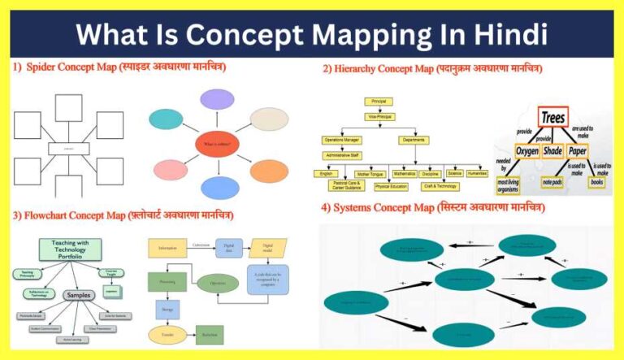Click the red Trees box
coord(552,116)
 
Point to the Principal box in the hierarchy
coord(379,102)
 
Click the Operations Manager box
coord(342,140)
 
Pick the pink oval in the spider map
coord(170,171)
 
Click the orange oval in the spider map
coord(269,171)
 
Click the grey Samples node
coord(78,294)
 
